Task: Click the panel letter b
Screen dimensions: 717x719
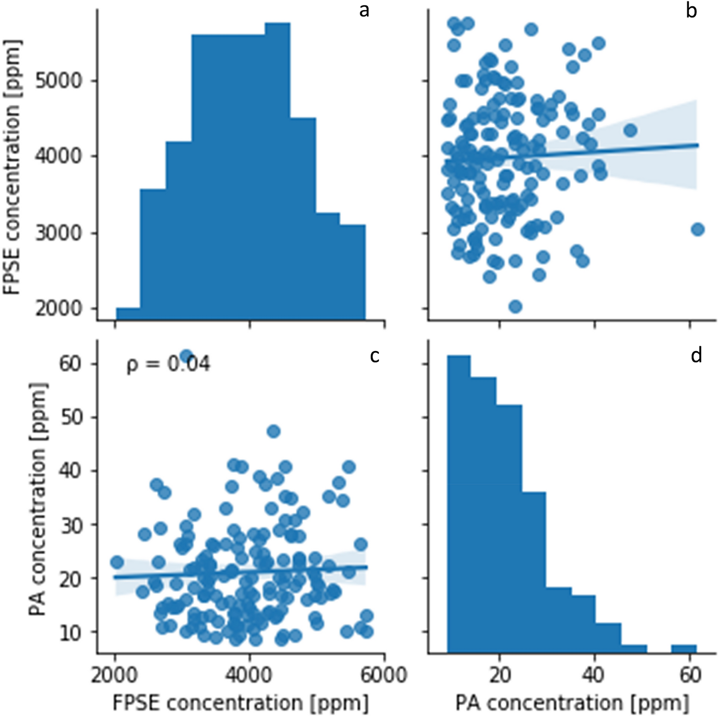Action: coord(691,11)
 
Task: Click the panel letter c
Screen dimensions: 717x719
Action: coord(374,355)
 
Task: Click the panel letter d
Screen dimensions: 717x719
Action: coord(696,355)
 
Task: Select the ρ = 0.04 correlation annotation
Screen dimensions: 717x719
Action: coord(168,364)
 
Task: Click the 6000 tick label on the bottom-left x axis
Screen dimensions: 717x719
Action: coord(384,675)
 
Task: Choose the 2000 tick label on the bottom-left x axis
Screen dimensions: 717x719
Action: coord(115,675)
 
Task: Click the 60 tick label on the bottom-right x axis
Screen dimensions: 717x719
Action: coord(690,675)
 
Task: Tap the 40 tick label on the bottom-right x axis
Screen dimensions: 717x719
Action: coord(594,675)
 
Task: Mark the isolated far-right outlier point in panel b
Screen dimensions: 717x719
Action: coord(697,229)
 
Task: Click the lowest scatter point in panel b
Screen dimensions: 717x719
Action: coord(515,306)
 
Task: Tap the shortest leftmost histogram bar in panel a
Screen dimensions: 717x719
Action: coord(128,314)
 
